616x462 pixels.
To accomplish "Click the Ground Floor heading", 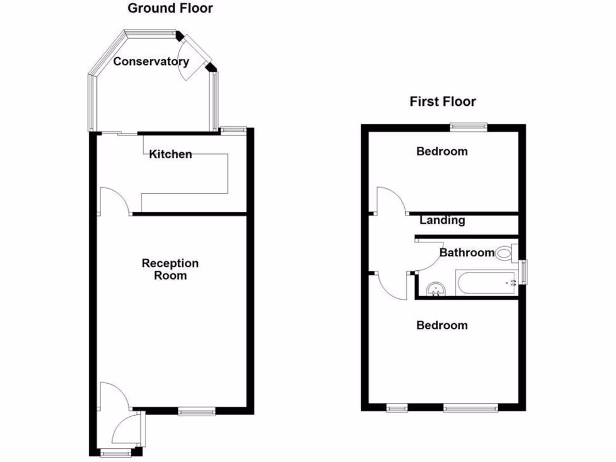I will point(170,8).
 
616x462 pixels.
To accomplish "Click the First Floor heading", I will point(443,102).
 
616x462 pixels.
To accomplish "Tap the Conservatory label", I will point(151,61).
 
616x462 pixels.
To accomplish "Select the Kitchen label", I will point(171,155).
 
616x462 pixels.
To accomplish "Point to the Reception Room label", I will point(170,269).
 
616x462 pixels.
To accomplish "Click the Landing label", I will point(442,220).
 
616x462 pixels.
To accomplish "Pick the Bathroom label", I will point(467,253).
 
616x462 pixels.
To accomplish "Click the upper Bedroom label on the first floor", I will point(442,152).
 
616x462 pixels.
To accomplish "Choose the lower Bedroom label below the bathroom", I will point(442,325).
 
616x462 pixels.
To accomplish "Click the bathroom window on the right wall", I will point(523,271).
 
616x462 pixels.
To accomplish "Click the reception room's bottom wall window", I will point(197,411).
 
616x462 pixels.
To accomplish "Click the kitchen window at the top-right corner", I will point(233,129).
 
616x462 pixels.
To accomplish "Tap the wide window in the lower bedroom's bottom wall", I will point(471,408).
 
